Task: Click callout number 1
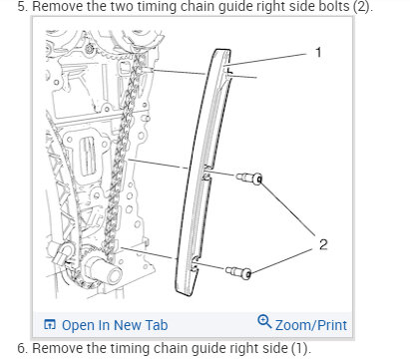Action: tap(318, 51)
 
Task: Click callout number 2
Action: tap(321, 241)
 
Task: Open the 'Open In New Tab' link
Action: tap(114, 324)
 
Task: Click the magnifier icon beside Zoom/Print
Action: tap(264, 322)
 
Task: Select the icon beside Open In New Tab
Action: tap(49, 324)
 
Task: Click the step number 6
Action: tap(7, 347)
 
